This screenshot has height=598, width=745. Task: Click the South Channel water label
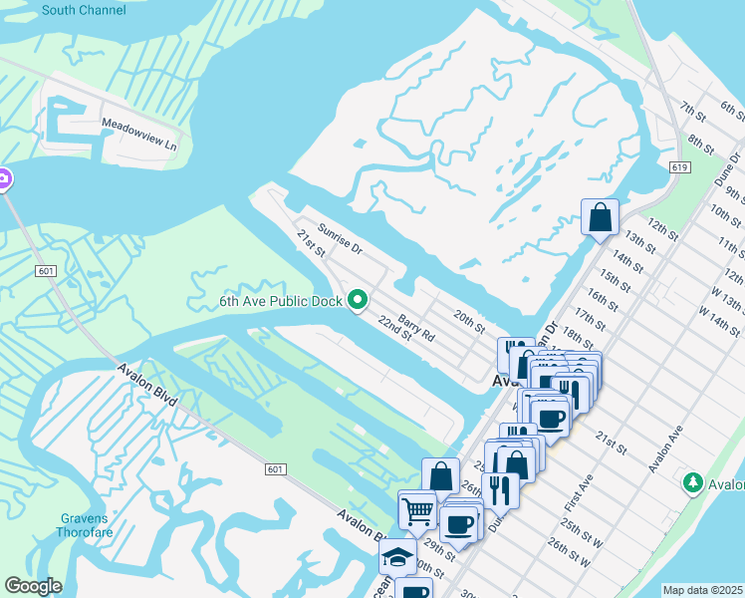[x=84, y=10]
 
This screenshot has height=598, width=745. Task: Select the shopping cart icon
[x=418, y=510]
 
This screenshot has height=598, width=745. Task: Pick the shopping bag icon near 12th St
[x=600, y=216]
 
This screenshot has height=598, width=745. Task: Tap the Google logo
[x=32, y=586]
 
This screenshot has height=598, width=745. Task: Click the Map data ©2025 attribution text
[x=702, y=590]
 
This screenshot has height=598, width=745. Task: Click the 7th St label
[x=691, y=108]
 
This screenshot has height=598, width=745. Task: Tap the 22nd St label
[x=394, y=328]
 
